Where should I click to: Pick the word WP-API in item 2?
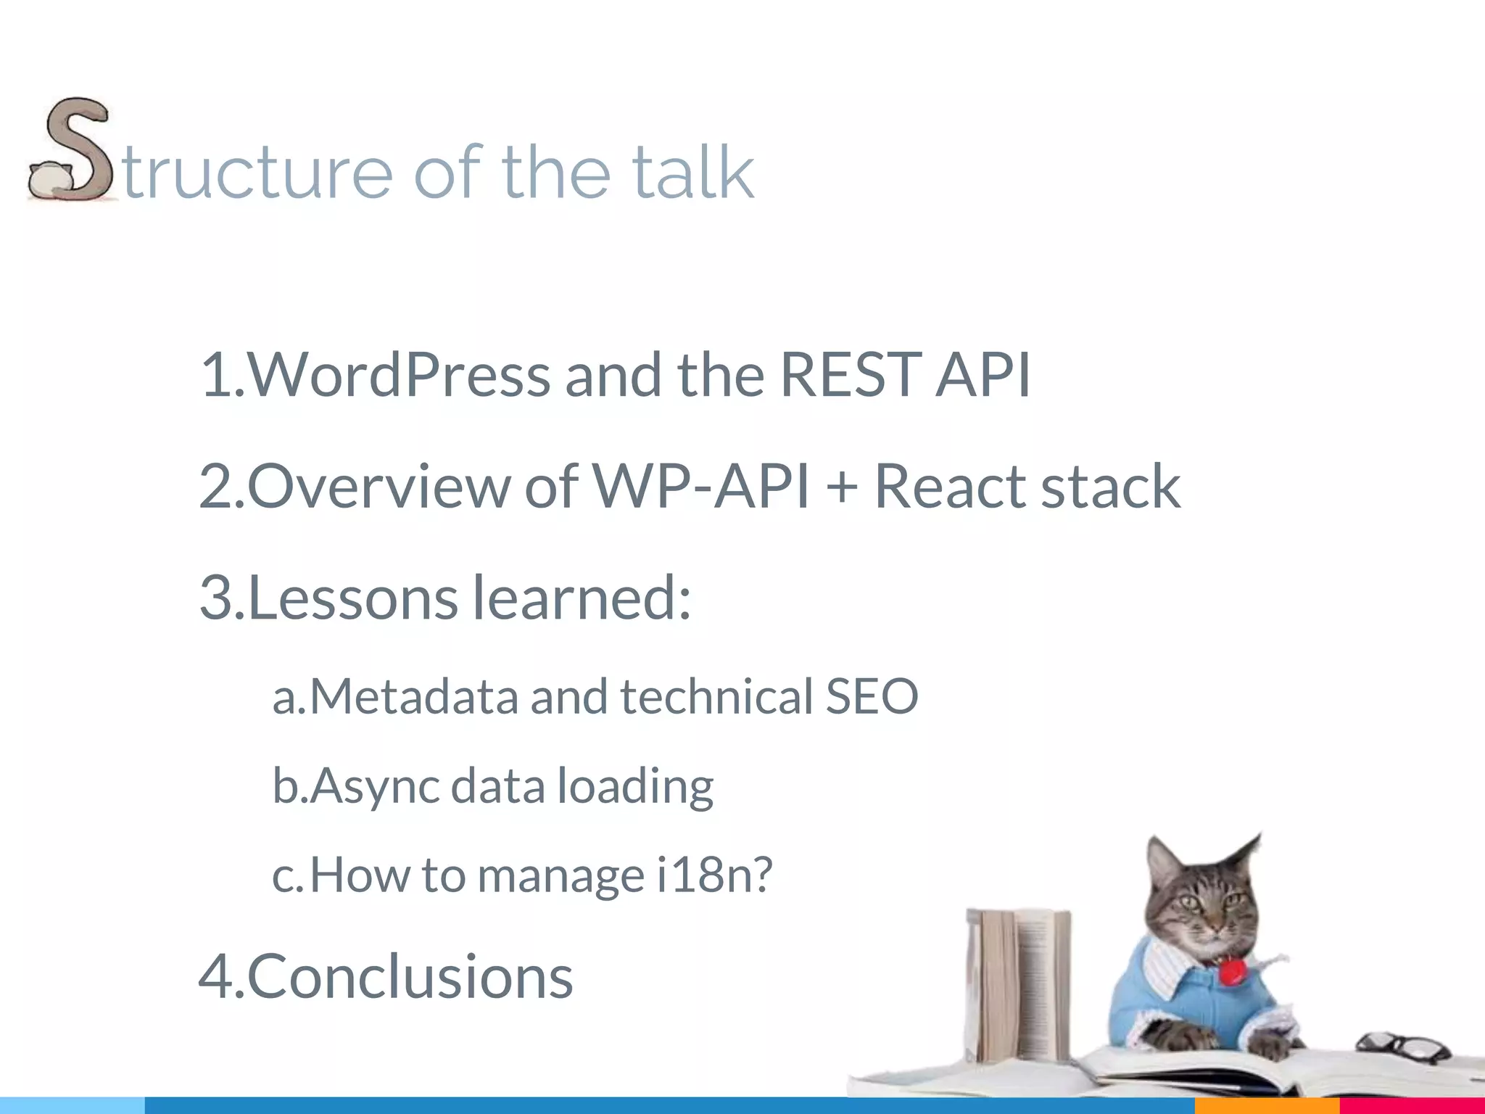coord(701,486)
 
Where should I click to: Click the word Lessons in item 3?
coord(353,598)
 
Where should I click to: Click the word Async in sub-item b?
coord(375,786)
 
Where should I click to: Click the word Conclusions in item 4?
coord(410,976)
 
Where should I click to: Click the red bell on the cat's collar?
coord(1230,972)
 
